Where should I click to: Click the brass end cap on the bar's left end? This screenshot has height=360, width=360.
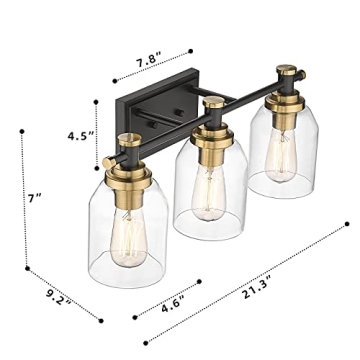pos(107,161)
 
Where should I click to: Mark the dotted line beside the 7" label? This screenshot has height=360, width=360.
pos(23,200)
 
